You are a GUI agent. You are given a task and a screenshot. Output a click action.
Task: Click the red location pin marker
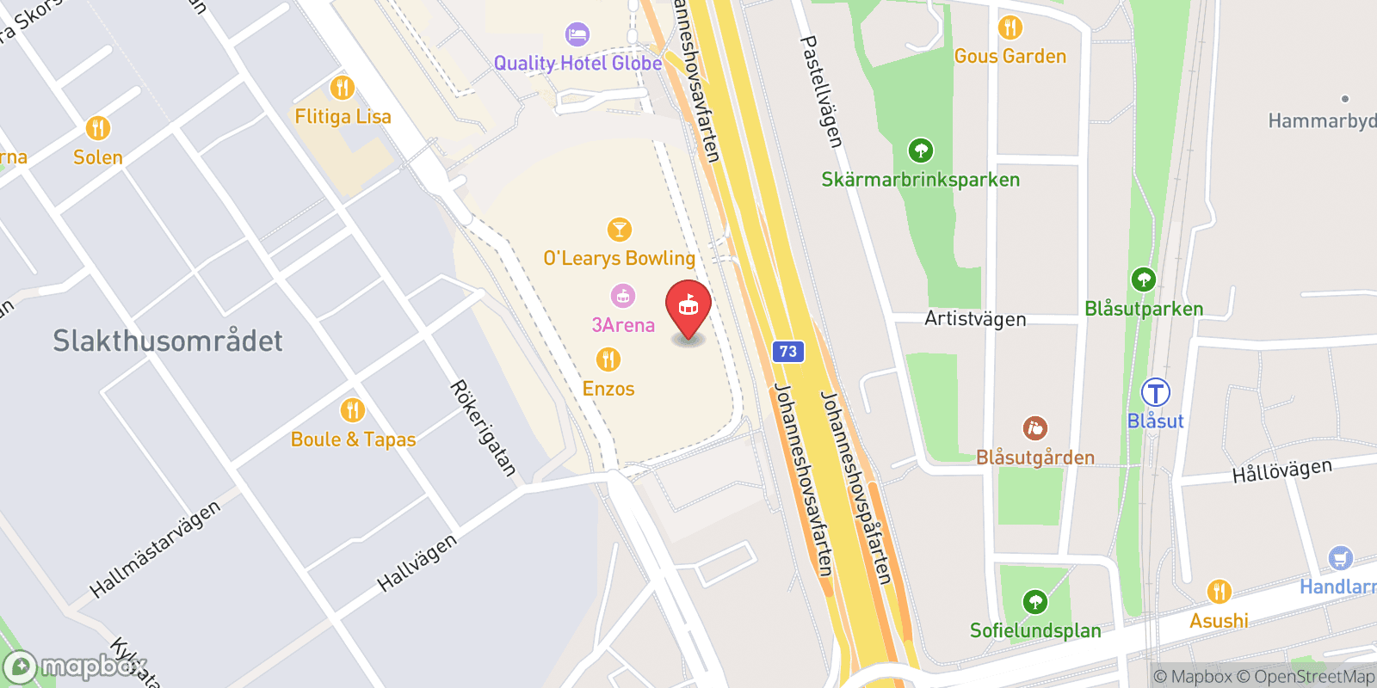click(x=688, y=307)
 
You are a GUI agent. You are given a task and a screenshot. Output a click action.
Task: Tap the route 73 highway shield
click(x=787, y=351)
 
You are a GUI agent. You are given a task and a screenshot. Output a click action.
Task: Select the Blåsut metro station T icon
click(x=1155, y=393)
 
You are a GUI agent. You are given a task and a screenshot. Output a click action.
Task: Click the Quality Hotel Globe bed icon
click(x=577, y=35)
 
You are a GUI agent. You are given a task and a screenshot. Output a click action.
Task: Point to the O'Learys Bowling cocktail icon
click(x=619, y=230)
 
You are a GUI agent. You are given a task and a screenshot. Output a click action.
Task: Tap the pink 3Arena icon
click(x=622, y=297)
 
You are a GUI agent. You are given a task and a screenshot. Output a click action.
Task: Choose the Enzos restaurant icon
click(x=608, y=359)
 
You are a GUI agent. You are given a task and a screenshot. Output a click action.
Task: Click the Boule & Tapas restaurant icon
click(x=352, y=410)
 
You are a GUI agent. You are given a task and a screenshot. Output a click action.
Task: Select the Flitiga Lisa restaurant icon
click(x=343, y=88)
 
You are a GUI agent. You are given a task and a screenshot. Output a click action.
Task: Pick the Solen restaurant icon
click(x=98, y=128)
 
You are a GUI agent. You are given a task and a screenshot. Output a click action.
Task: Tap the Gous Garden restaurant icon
click(x=1010, y=28)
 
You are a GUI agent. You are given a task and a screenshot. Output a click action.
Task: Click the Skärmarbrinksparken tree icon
click(x=921, y=151)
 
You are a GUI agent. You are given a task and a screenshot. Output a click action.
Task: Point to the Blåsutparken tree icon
click(x=1143, y=279)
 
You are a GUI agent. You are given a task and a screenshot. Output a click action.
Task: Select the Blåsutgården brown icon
click(x=1034, y=428)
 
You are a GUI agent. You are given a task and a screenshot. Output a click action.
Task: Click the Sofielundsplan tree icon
click(x=1034, y=602)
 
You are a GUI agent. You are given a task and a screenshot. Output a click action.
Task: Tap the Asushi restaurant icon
click(x=1219, y=592)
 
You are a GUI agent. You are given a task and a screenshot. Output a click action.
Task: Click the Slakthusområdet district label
click(x=168, y=341)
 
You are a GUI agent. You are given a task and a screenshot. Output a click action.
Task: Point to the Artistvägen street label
click(x=975, y=319)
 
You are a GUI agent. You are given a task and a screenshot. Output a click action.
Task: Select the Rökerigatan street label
click(x=484, y=428)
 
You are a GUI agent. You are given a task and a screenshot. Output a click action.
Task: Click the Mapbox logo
click(x=73, y=666)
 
